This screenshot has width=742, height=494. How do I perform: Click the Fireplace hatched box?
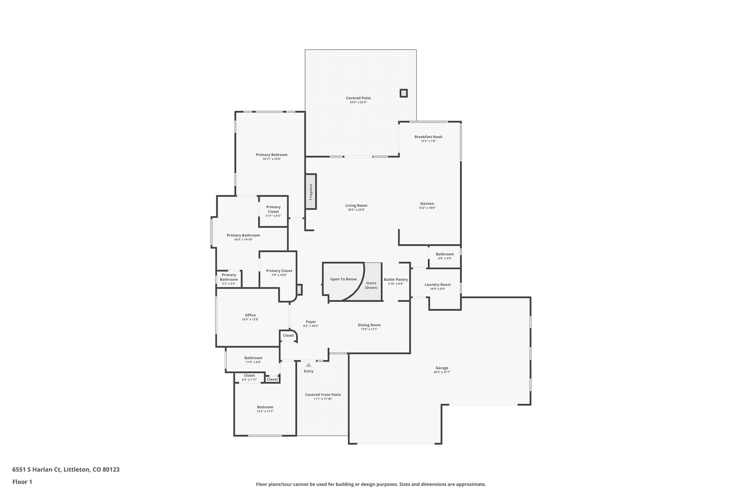point(311,191)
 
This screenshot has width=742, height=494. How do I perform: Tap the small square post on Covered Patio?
point(404,93)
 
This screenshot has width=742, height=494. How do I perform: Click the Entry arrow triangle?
point(308,365)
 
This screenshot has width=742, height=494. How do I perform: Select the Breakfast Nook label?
point(428,137)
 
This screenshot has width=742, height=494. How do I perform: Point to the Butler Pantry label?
point(396,279)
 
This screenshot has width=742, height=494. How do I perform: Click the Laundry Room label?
point(437,284)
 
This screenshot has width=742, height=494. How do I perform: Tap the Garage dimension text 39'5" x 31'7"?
point(442,372)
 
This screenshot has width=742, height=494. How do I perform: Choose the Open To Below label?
point(343,279)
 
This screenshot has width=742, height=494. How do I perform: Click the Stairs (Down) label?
point(371,285)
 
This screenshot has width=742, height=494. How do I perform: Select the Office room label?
point(250,315)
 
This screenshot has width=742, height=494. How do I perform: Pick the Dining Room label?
point(369,325)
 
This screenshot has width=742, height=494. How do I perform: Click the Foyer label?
point(310,322)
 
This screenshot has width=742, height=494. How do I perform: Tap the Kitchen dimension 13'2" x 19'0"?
point(427,208)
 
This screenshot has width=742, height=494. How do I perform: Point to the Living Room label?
point(356,206)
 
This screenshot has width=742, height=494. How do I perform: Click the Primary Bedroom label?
point(271,155)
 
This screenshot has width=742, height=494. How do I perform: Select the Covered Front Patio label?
point(322,394)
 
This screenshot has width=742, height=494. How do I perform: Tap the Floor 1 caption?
point(22,482)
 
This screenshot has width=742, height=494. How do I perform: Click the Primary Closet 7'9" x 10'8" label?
point(279,271)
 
